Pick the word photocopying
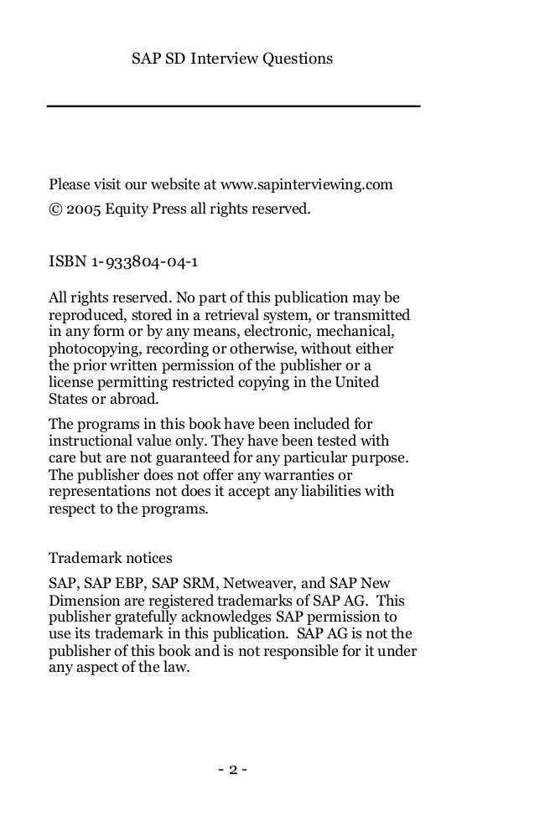pyautogui.click(x=85, y=348)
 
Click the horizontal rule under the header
pyautogui.click(x=233, y=106)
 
